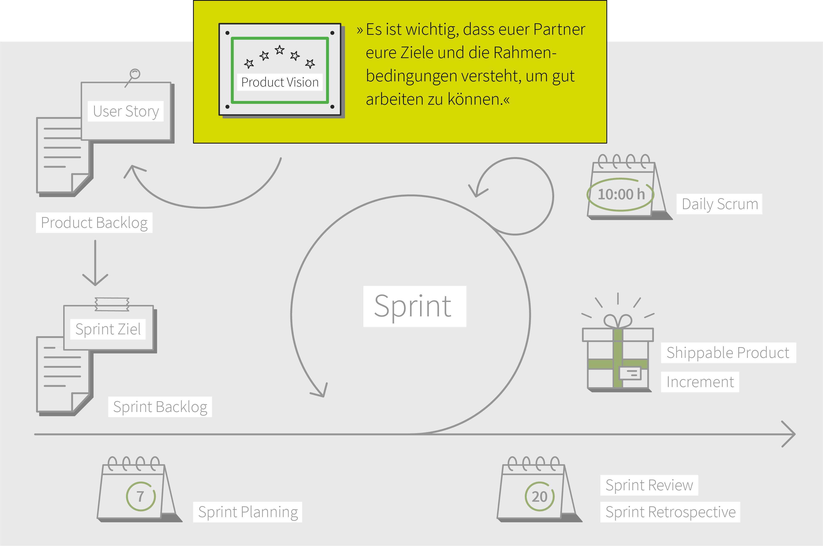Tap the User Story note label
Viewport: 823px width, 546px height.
click(126, 111)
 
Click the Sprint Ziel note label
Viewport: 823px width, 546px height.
click(108, 329)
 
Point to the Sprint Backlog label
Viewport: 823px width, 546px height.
click(160, 407)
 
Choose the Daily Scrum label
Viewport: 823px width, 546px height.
click(720, 204)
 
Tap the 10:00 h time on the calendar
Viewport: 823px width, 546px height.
click(621, 194)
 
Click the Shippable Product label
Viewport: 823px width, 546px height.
click(728, 353)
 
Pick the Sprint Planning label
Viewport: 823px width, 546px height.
click(248, 512)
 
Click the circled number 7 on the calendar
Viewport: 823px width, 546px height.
click(141, 497)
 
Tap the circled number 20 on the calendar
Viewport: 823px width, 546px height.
click(540, 497)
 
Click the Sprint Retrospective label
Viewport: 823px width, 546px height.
click(671, 512)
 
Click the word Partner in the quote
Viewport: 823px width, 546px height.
click(559, 29)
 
